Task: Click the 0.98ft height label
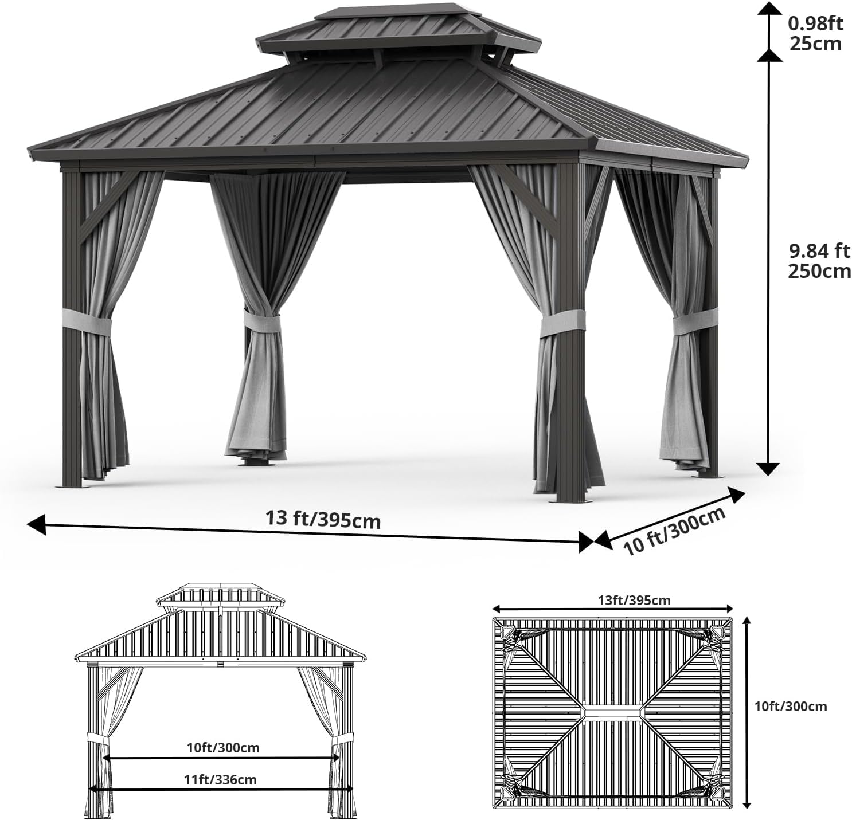tap(816, 23)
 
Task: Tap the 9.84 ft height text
tap(819, 251)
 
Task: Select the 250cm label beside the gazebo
tap(819, 271)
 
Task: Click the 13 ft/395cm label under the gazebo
tap(323, 519)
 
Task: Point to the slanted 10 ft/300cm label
tap(674, 531)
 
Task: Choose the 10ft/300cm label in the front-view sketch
tap(223, 747)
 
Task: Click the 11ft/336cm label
tap(220, 779)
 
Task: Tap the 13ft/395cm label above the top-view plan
tap(634, 601)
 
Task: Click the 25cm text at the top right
tap(816, 44)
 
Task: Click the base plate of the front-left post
tap(75, 486)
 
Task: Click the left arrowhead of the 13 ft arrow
tap(36, 524)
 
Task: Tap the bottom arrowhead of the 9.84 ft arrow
tap(767, 469)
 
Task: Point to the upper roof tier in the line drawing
tap(221, 595)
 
